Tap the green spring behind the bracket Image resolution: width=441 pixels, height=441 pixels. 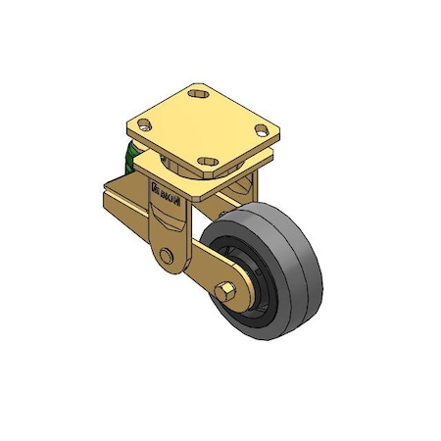[x=128, y=158]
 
